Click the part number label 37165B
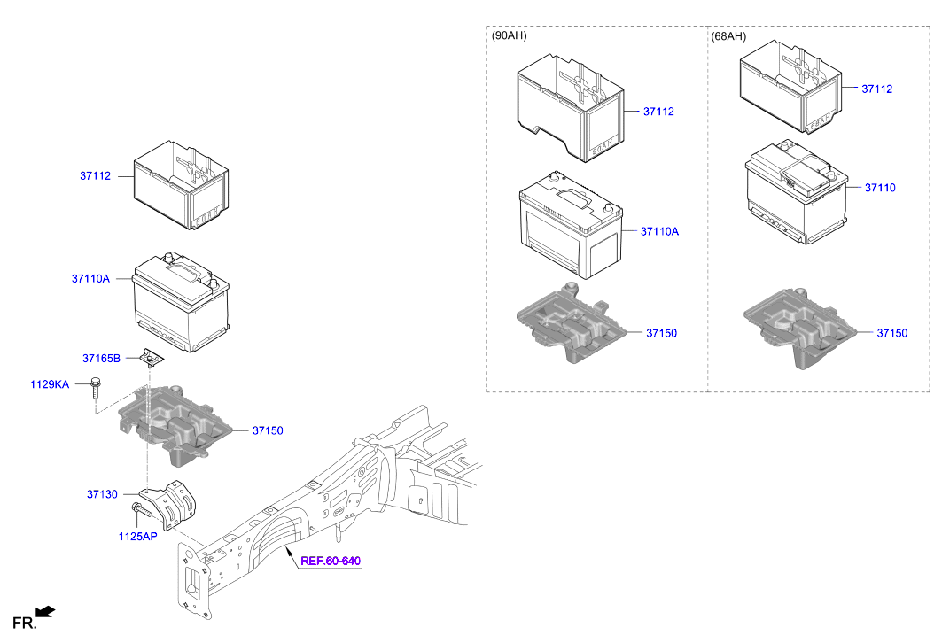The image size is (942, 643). (x=102, y=359)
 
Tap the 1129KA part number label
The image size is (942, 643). (x=50, y=384)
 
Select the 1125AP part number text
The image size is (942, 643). (x=137, y=536)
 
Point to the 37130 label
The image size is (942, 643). (x=102, y=494)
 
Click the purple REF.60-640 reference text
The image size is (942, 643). (x=331, y=561)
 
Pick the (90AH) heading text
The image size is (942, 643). (x=508, y=36)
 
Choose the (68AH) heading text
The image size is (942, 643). (x=728, y=36)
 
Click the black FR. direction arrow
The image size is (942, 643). (x=46, y=611)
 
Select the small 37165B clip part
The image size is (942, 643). (x=152, y=359)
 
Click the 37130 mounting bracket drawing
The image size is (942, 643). (x=176, y=505)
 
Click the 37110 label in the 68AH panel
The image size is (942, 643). (x=880, y=188)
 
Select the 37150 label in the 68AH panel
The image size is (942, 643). (x=892, y=333)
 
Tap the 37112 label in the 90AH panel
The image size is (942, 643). (x=658, y=112)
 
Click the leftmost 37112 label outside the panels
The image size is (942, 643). (x=95, y=176)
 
